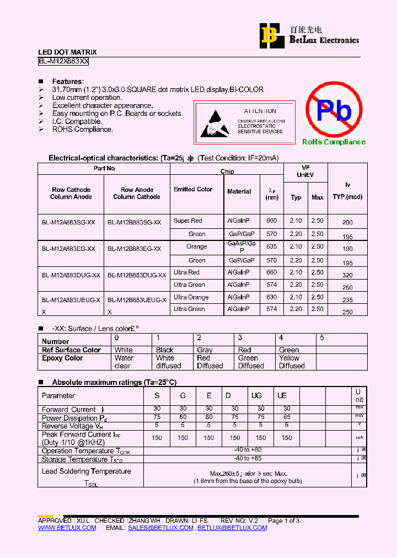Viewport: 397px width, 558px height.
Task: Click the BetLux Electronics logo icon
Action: pos(270,35)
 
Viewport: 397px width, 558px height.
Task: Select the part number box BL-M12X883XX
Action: pos(63,62)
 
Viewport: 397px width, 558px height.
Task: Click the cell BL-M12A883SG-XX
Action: pos(68,222)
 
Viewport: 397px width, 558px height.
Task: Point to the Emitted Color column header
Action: pos(193,189)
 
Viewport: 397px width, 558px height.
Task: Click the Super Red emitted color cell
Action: pos(188,221)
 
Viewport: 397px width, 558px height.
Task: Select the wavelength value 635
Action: pos(271,246)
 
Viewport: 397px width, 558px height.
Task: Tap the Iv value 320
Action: pos(347,275)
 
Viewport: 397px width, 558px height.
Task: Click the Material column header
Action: pos(239,191)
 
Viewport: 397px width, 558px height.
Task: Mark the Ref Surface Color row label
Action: pos(72,350)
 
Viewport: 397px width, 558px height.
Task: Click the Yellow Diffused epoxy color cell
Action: pos(292,362)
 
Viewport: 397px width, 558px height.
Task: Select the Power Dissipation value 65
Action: pos(287,417)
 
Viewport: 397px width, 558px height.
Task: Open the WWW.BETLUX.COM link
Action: pos(67,528)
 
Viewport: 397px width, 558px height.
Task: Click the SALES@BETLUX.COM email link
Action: pos(160,528)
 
